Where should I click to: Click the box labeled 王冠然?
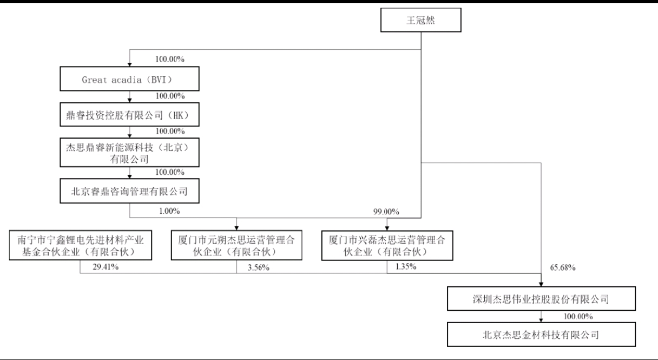420,20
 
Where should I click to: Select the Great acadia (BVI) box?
129,78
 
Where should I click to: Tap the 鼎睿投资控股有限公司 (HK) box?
129,115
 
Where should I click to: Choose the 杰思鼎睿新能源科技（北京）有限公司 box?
129,153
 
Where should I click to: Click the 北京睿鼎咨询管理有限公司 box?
129,191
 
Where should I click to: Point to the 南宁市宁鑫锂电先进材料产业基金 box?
81,245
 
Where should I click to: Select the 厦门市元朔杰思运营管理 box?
236,245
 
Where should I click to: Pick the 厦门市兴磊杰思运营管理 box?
387,246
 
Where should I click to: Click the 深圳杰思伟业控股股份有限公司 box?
541,299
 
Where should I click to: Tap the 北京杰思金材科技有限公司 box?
541,335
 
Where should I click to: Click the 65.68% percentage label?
563,267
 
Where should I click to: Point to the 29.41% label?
106,267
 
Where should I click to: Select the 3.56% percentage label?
259,267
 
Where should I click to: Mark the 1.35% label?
406,266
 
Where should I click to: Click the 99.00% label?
386,212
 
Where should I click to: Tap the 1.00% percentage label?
169,211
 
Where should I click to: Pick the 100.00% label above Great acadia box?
170,59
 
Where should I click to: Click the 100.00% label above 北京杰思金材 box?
578,316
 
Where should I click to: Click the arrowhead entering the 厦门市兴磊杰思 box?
387,228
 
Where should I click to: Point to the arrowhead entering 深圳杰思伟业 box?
541,284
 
